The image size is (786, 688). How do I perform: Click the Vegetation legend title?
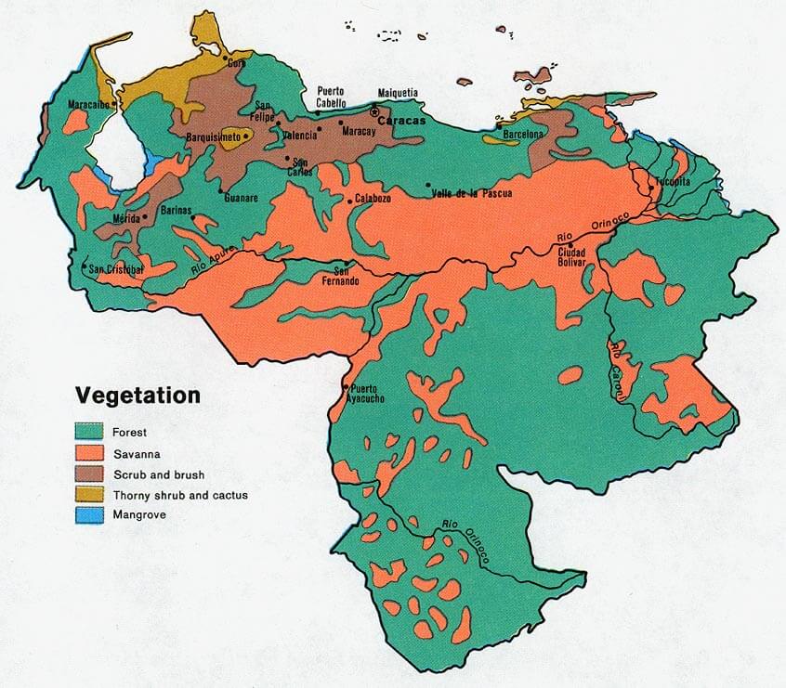[138, 395]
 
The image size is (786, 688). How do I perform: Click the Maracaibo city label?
[89, 105]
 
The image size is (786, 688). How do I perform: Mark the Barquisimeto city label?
[214, 136]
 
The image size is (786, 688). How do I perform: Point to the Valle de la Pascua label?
[475, 185]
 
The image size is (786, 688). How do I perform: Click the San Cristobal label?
[115, 268]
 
